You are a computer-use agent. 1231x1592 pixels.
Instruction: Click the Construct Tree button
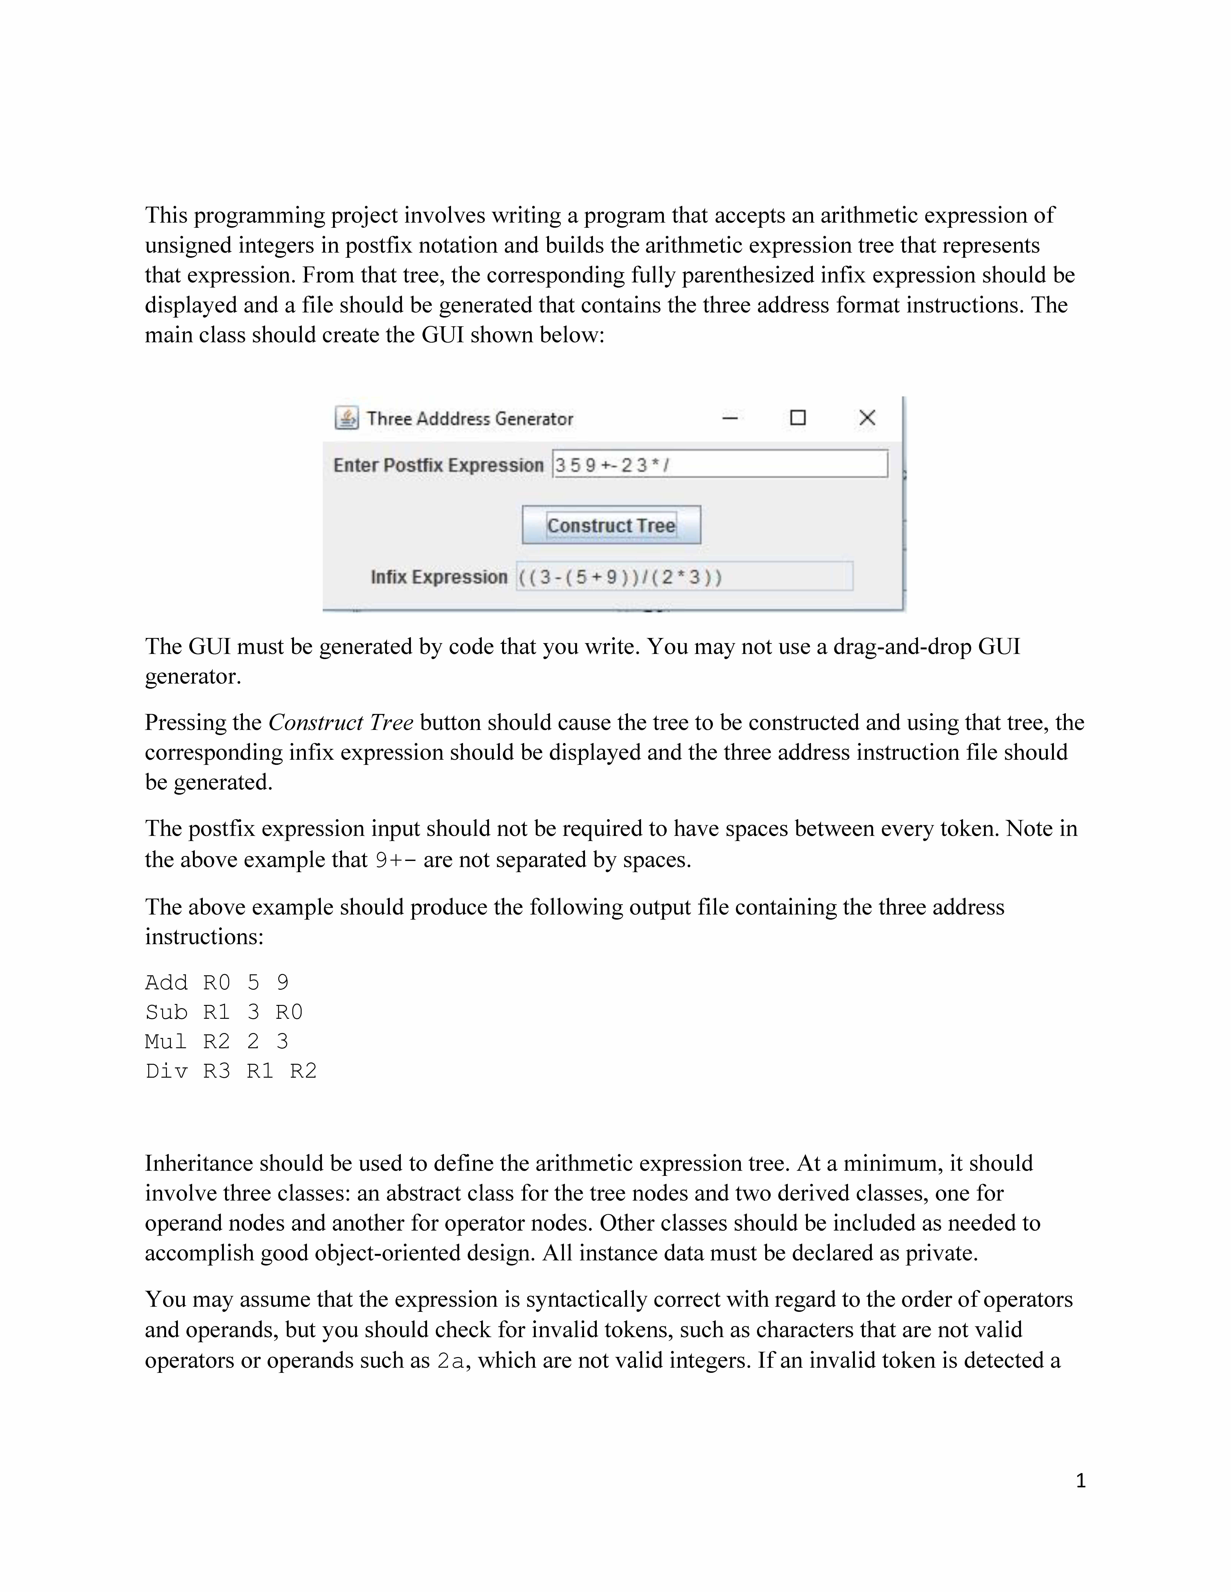coord(611,525)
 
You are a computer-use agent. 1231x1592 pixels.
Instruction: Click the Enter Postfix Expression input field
coord(720,464)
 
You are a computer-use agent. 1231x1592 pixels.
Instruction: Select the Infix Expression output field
coord(684,577)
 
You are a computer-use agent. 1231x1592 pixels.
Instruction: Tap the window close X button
coord(866,418)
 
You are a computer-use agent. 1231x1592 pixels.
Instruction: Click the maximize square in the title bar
coord(798,418)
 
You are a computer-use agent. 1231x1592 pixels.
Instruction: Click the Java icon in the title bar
coord(346,418)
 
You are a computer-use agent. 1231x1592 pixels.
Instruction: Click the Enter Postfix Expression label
coord(438,465)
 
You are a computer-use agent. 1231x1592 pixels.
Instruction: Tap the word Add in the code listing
coord(166,983)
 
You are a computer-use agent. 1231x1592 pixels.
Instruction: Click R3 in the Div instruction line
coord(217,1071)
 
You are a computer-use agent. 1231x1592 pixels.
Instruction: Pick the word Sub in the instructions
coord(166,1012)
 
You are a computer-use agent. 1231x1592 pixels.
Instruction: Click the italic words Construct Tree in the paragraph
coord(341,722)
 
